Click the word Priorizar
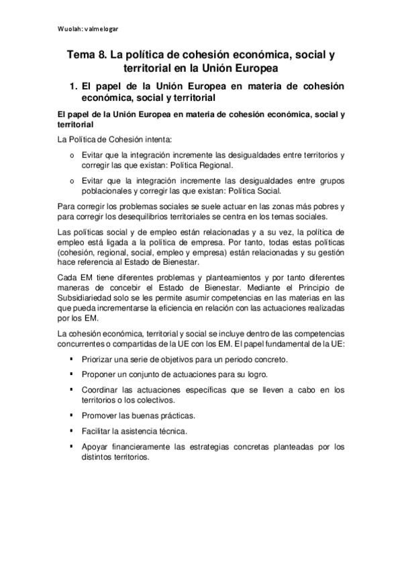[101, 359]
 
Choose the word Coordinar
[103, 389]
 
